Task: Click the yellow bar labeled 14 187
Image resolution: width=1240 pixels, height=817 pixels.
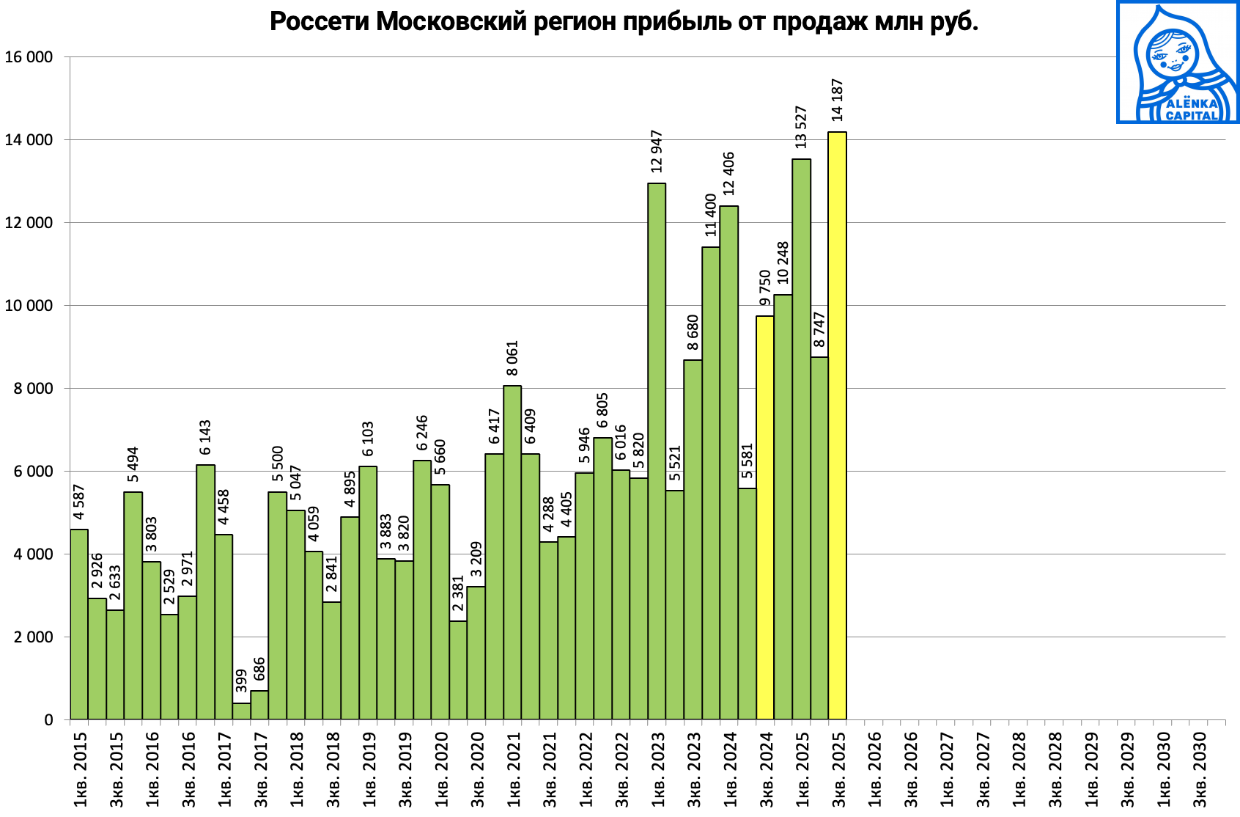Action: coord(837,425)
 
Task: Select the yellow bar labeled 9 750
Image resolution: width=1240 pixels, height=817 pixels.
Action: coord(765,517)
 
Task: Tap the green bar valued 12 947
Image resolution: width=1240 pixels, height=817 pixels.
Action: coord(657,451)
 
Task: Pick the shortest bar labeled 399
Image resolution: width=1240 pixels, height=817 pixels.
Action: coord(241,711)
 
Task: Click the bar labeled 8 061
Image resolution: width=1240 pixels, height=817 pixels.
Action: coord(512,552)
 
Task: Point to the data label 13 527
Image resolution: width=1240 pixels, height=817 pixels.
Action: coord(801,128)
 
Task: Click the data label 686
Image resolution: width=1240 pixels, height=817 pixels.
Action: coord(259,669)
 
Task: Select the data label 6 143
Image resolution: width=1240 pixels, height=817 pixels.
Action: coord(205,437)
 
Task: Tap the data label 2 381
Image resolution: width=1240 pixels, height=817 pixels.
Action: coord(458,593)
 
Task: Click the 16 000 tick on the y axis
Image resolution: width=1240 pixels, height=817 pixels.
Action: coord(29,57)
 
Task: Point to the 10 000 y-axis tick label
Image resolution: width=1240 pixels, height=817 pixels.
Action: coord(29,306)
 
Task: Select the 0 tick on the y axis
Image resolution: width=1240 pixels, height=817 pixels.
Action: coord(48,720)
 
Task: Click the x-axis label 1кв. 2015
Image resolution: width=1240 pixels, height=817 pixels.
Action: coord(80,769)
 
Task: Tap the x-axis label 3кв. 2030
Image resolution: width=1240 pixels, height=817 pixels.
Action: coord(1200,769)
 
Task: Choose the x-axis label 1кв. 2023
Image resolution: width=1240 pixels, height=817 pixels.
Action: coord(657,769)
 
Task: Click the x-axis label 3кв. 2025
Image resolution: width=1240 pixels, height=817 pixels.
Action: coord(838,769)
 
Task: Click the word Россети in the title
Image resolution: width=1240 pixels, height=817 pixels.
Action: coord(319,22)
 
